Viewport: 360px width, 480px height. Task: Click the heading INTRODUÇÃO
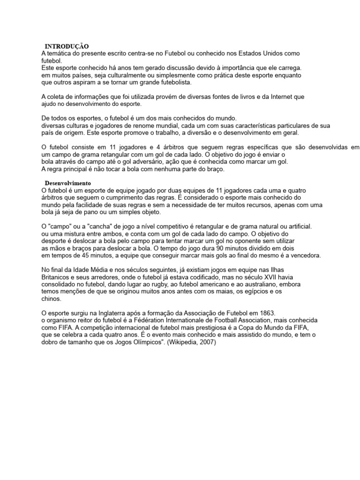(x=66, y=46)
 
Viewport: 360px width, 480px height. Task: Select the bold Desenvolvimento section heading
(x=67, y=182)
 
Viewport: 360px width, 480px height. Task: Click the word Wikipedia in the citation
(x=186, y=342)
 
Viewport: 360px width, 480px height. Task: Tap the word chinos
(x=51, y=298)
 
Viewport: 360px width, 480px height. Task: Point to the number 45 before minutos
(x=81, y=255)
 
